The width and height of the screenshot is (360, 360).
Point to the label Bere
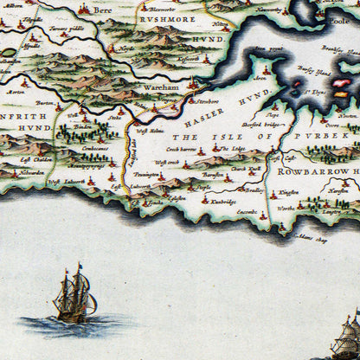point(104,10)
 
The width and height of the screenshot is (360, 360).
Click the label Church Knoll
point(240,168)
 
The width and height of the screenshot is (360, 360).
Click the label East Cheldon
point(39,160)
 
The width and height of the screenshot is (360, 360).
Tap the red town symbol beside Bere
point(85,8)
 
